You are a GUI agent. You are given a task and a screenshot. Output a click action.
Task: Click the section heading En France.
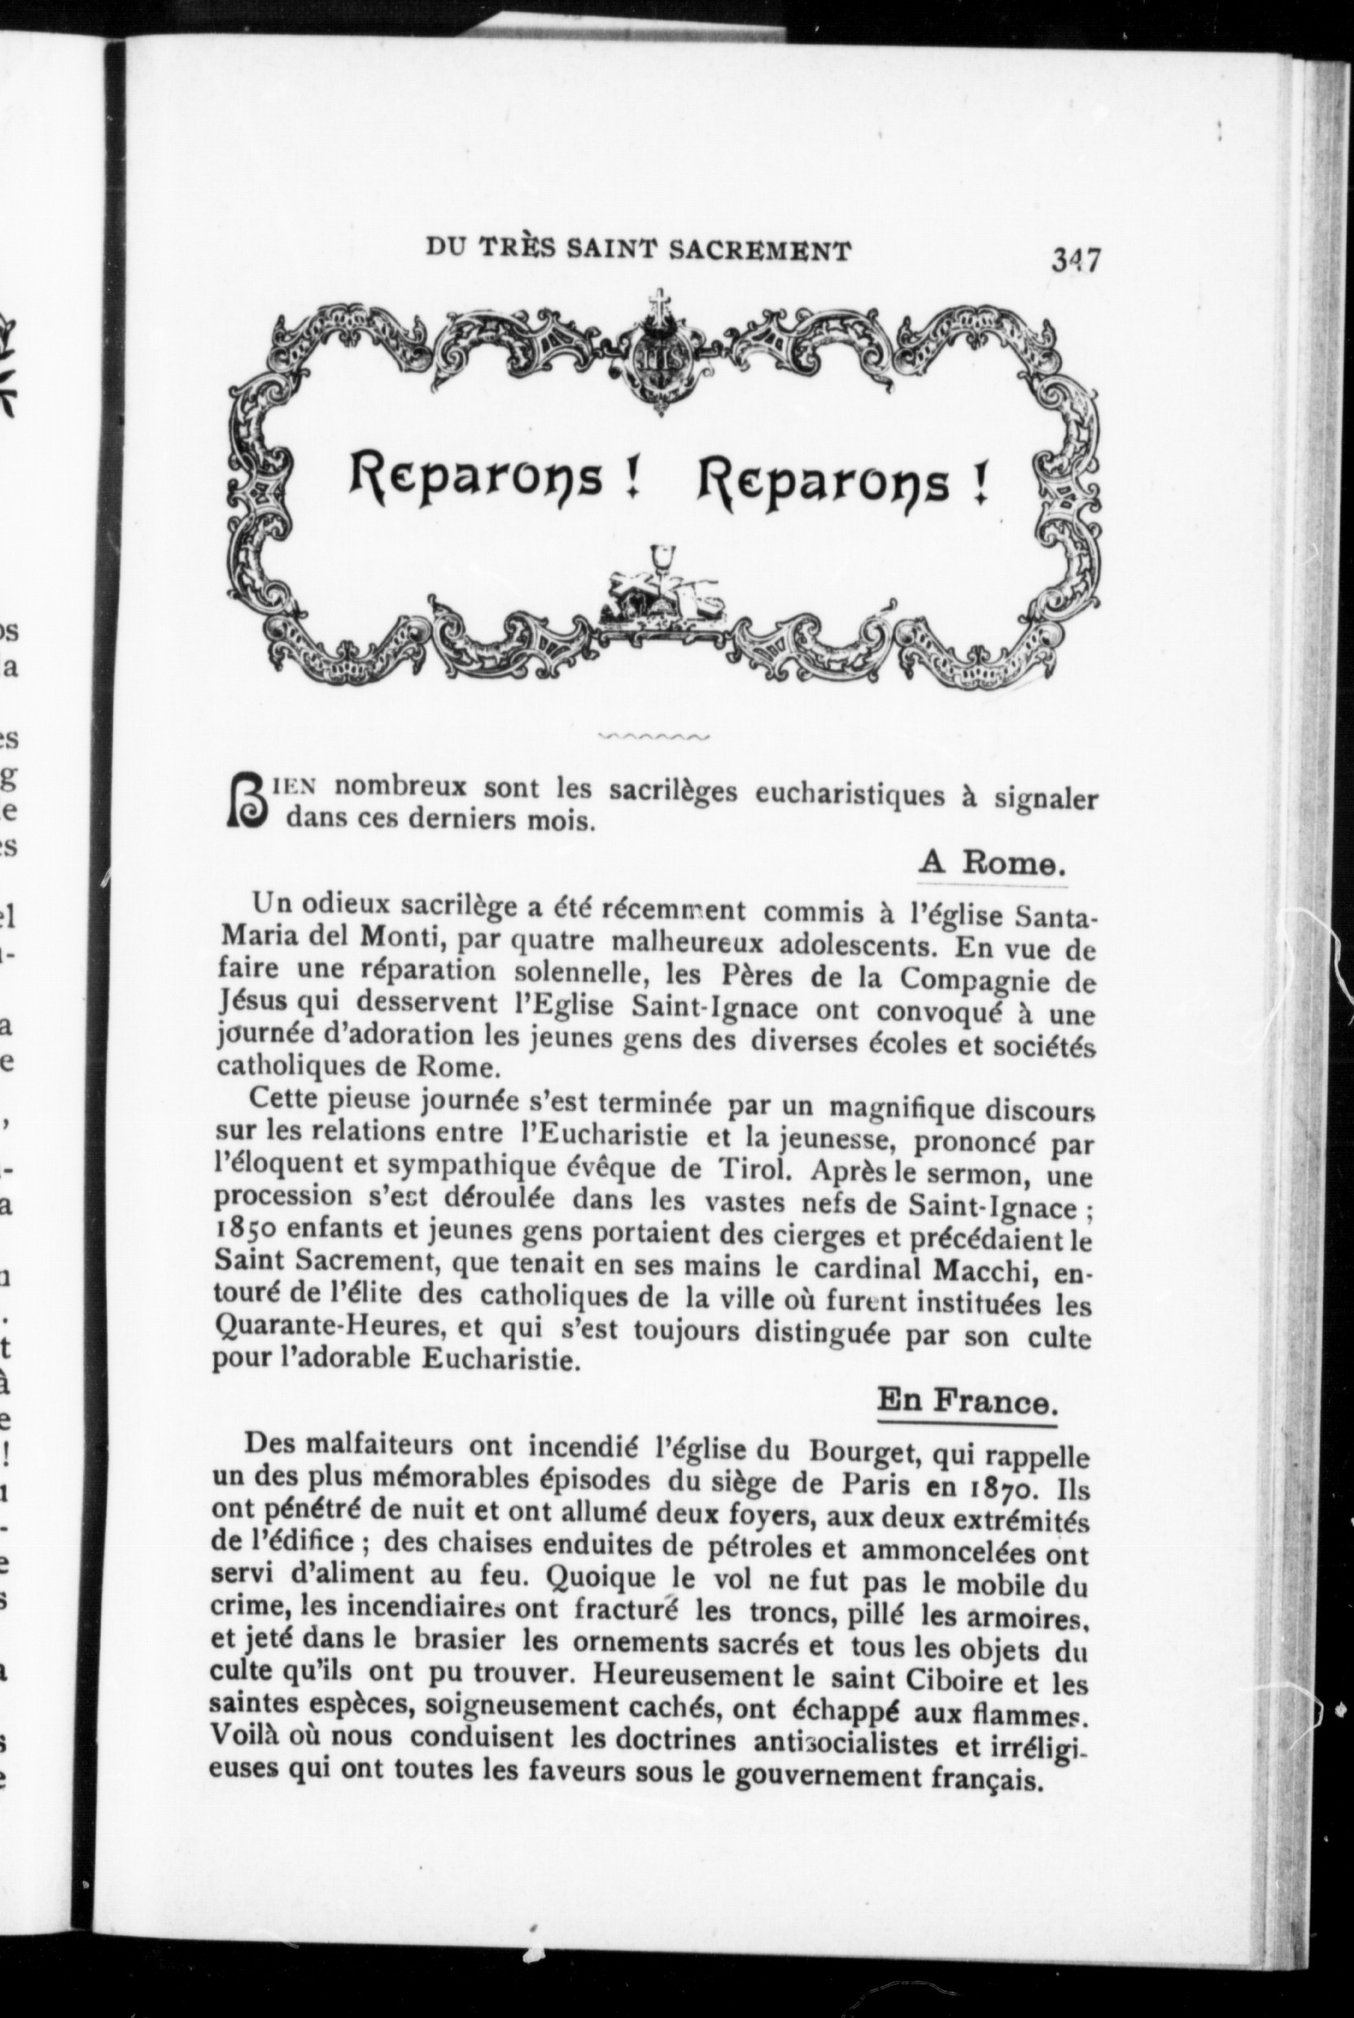click(x=967, y=1400)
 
